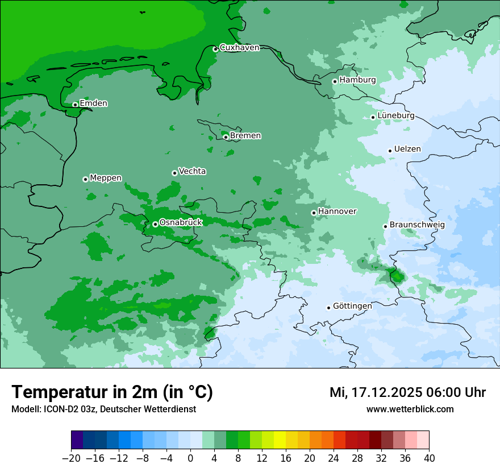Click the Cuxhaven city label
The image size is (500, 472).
click(239, 48)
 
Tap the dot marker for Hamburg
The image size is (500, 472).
click(335, 81)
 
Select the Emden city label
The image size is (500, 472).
click(93, 103)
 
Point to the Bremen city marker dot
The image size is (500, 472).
click(226, 137)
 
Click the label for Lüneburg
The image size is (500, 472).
click(395, 116)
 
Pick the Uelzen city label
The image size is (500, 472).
click(407, 150)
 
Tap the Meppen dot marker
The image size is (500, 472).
click(85, 179)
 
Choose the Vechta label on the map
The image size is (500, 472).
click(192, 171)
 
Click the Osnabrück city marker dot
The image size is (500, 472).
click(155, 224)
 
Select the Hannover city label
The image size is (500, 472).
click(337, 212)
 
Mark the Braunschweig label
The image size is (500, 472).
click(417, 225)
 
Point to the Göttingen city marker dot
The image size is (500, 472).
click(328, 308)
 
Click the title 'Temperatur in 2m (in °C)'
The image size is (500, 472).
click(112, 392)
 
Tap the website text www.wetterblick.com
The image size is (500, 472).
click(410, 409)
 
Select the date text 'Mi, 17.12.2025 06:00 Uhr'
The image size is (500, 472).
click(407, 392)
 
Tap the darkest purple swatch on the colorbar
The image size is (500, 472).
click(77, 440)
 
